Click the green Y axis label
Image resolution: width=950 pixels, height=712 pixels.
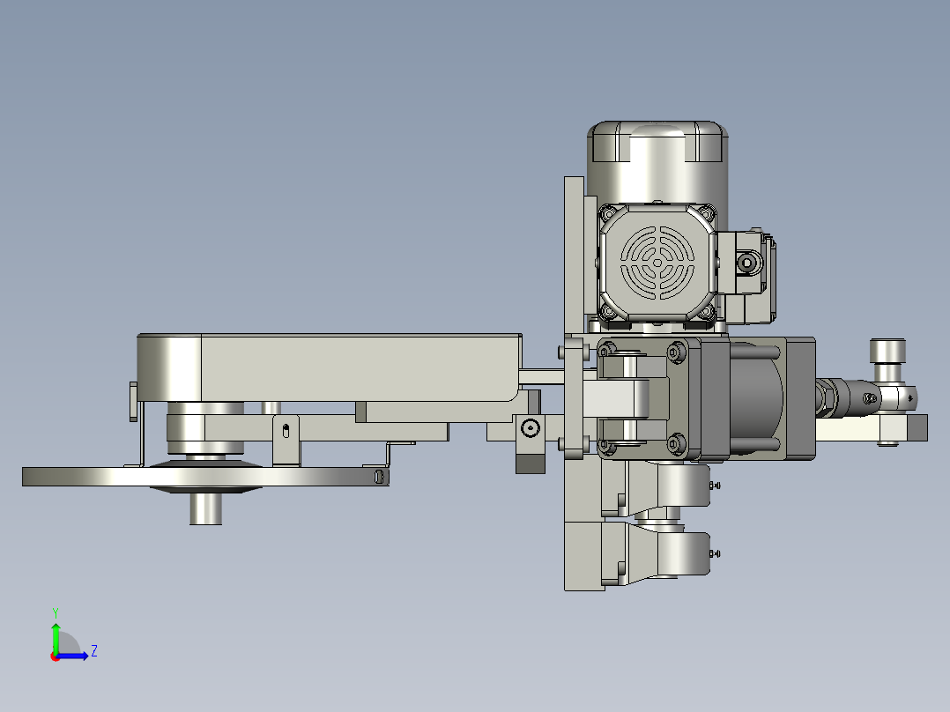click(56, 612)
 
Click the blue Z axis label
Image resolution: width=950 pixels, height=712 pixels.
click(94, 651)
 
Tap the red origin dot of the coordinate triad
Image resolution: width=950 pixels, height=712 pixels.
click(56, 656)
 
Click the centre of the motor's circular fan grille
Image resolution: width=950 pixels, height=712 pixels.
click(658, 263)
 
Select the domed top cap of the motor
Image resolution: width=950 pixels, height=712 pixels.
click(657, 142)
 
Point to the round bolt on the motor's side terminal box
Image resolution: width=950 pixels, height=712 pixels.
click(747, 263)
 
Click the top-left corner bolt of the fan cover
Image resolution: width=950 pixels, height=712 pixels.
click(608, 213)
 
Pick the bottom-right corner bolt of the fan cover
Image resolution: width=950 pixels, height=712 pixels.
click(707, 313)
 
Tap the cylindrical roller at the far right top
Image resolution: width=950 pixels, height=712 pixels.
click(887, 352)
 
